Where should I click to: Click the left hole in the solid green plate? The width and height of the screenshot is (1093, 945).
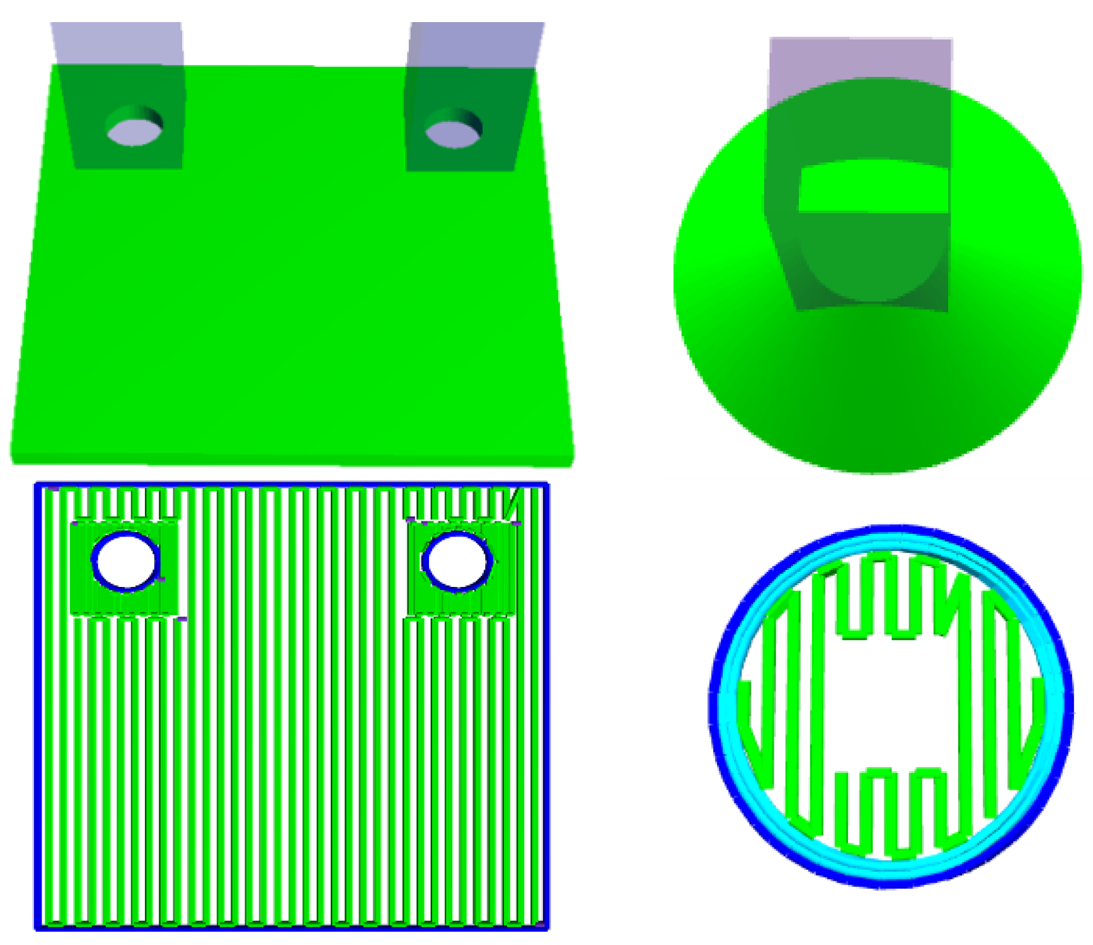click(x=134, y=130)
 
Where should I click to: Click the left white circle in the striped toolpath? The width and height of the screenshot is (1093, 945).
click(x=126, y=561)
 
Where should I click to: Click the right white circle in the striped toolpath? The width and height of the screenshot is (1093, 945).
click(x=457, y=561)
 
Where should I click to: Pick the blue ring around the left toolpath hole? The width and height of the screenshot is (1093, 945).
click(x=94, y=561)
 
